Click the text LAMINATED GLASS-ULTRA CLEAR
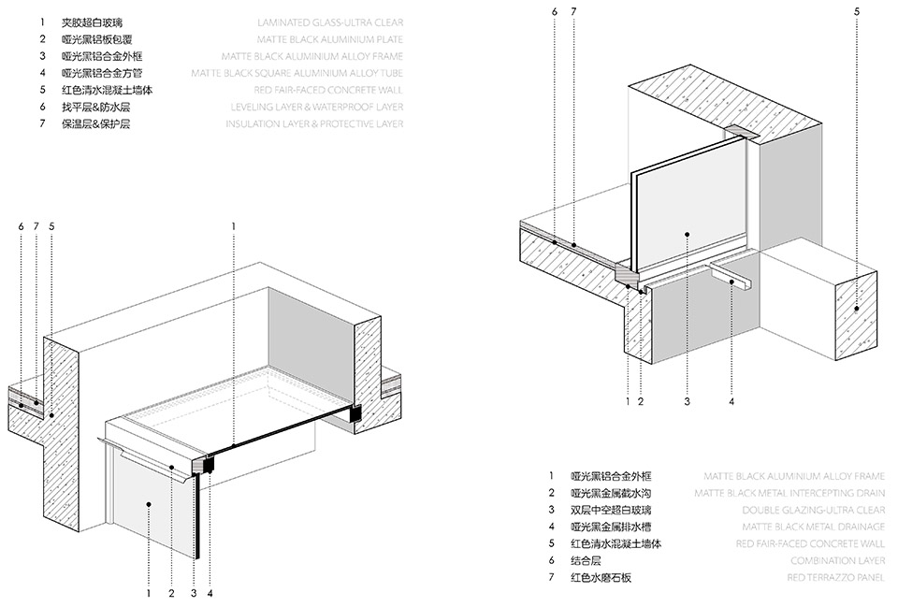click(330, 22)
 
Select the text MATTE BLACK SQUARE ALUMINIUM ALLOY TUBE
click(297, 73)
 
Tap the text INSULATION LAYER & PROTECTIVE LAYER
click(314, 123)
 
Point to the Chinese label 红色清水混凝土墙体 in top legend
click(107, 90)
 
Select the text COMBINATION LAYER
click(838, 560)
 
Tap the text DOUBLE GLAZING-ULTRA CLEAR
click(813, 510)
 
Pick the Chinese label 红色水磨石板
click(601, 577)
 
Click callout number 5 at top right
click(856, 11)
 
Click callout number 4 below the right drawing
click(731, 402)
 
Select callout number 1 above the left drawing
click(233, 225)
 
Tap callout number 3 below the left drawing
click(193, 593)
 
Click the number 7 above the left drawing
click(36, 225)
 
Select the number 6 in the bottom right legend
click(553, 560)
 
